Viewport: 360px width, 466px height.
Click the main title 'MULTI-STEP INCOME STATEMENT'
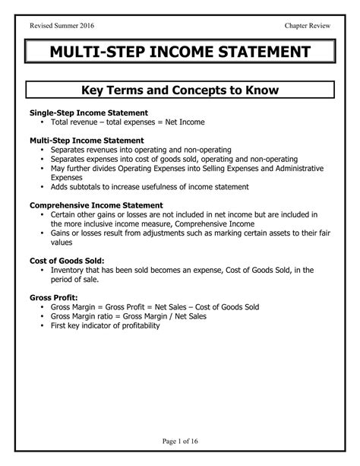pos(180,53)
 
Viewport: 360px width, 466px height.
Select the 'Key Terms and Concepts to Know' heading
pos(180,90)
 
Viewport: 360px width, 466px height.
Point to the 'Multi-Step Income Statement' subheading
pos(86,141)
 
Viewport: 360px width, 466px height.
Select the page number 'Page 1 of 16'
pos(180,441)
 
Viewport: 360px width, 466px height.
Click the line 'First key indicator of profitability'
pos(105,325)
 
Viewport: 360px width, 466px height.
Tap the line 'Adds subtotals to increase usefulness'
pos(149,187)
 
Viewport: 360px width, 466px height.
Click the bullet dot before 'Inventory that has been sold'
pos(42,270)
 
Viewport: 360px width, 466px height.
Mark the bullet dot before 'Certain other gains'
pos(42,215)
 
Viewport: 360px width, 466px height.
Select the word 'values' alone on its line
pos(63,243)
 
